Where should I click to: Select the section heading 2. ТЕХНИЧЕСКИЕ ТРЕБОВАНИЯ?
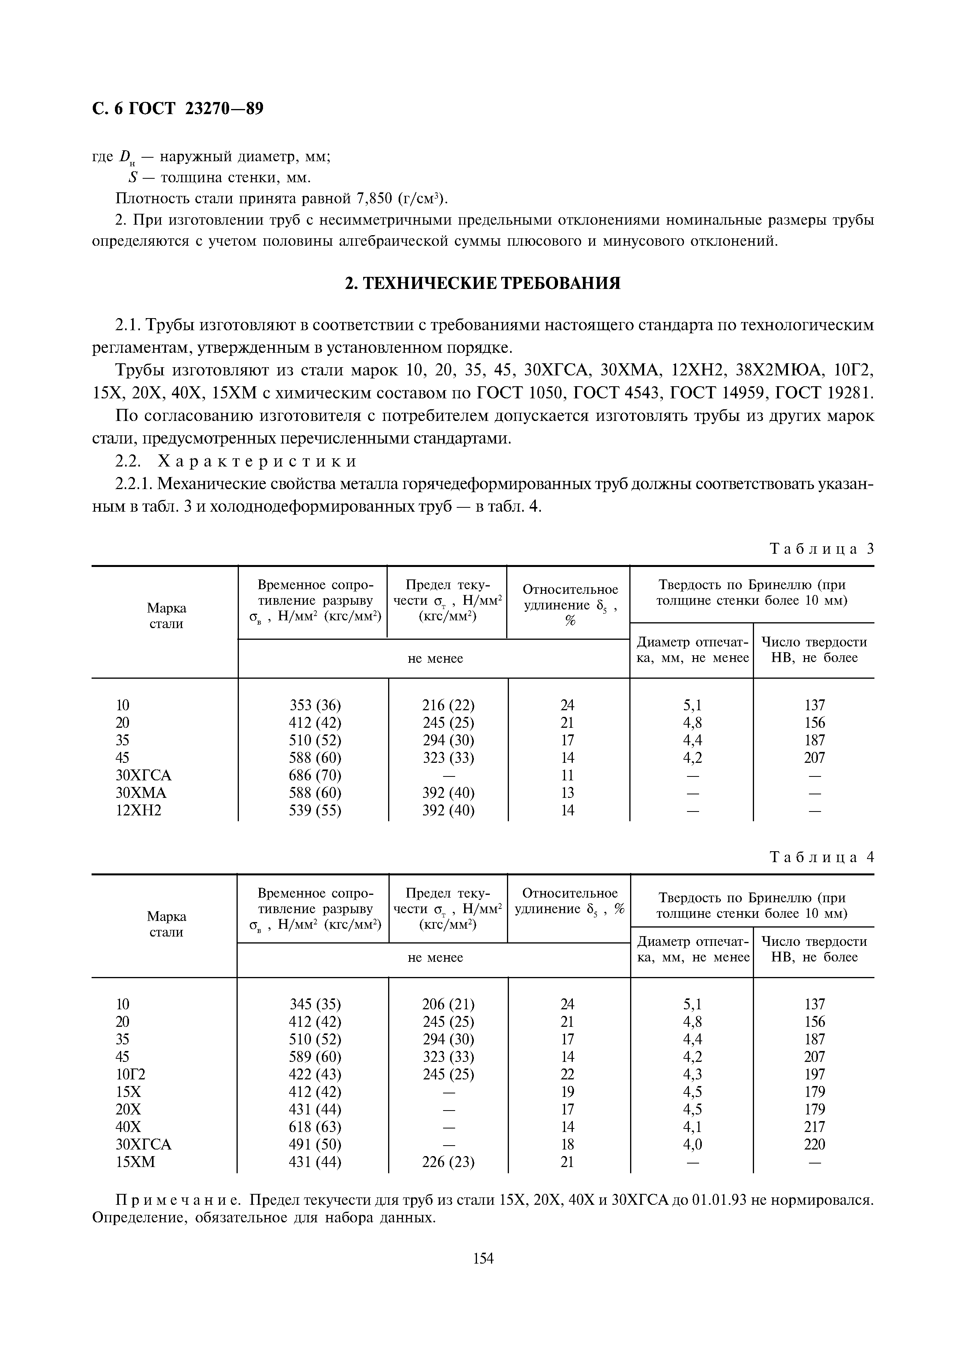(x=483, y=283)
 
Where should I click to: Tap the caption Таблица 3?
(x=821, y=549)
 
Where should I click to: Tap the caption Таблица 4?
(x=821, y=857)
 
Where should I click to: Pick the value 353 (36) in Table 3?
(x=315, y=706)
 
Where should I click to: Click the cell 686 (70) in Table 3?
(x=315, y=775)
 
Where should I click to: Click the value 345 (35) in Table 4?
(x=315, y=1004)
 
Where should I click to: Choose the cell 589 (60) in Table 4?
(x=315, y=1057)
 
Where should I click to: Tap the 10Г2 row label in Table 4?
(x=131, y=1074)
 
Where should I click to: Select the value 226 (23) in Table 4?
(x=448, y=1162)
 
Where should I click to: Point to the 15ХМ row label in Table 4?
(x=135, y=1162)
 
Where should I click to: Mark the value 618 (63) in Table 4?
(x=315, y=1127)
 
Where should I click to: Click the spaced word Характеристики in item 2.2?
(x=258, y=461)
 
